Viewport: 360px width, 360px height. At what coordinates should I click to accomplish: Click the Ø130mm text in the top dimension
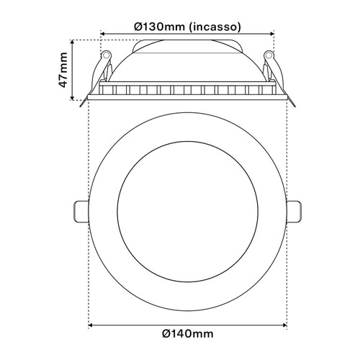tap(161, 27)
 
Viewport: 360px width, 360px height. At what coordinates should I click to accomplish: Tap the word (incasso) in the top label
tap(214, 27)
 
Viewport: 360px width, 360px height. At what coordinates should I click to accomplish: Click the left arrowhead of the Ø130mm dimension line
tap(103, 33)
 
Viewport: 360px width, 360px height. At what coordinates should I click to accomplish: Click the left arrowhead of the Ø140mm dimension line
tap(91, 325)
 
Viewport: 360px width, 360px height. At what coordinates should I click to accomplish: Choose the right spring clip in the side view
tap(271, 72)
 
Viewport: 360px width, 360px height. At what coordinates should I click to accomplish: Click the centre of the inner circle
tap(187, 211)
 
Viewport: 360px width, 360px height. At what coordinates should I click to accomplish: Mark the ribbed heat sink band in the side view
tap(187, 91)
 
